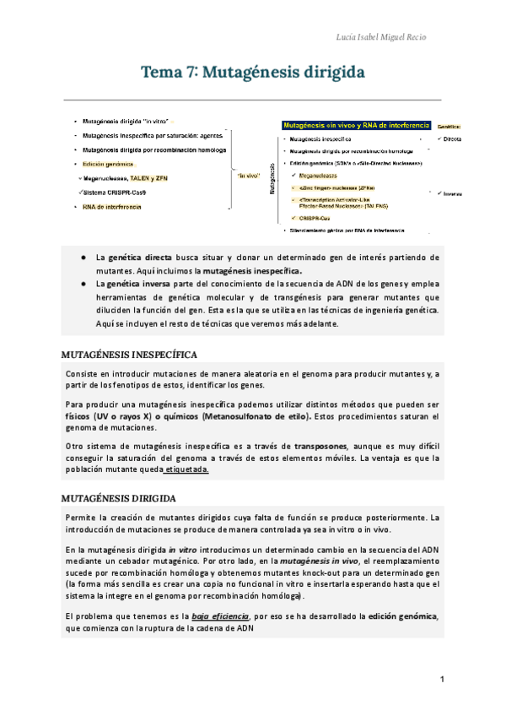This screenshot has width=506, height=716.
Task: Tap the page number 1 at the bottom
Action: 441,679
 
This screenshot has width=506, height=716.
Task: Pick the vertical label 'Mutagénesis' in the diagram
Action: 272,180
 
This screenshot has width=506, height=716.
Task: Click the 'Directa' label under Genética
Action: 452,138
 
